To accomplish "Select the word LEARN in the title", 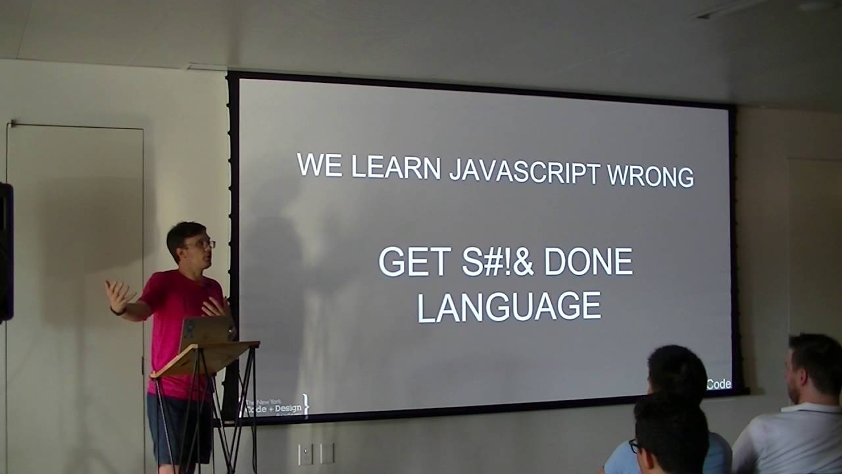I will click(395, 167).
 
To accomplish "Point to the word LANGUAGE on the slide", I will click(509, 307).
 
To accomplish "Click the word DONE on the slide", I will click(588, 263).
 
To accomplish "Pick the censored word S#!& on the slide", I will click(497, 262).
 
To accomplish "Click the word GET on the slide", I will click(414, 262).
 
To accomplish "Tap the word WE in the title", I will click(320, 165).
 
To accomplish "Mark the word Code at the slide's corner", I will click(718, 384).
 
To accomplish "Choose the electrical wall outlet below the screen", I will click(306, 454).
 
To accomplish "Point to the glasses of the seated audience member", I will click(635, 446).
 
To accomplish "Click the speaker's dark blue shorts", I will click(178, 428).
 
